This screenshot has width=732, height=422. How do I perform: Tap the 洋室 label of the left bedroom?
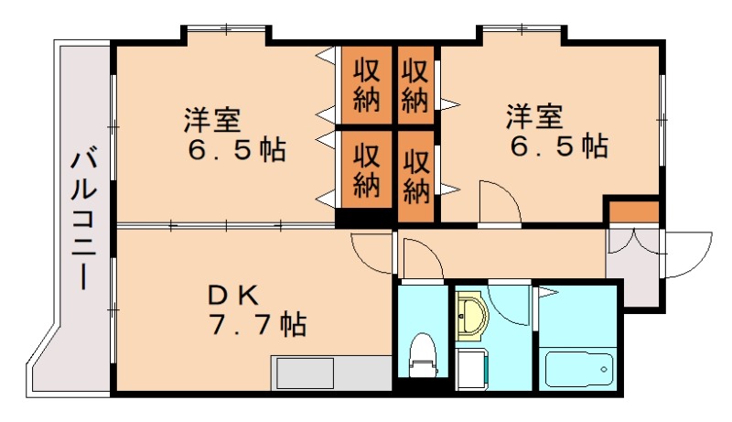tap(211, 120)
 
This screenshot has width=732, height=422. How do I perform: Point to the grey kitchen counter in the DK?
tap(330, 373)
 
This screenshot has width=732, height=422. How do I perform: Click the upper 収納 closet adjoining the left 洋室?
tap(366, 84)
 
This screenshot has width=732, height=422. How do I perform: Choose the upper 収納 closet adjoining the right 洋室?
tap(415, 84)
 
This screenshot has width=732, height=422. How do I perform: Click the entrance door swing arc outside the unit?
tap(688, 256)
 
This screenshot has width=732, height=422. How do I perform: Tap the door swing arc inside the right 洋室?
tap(499, 201)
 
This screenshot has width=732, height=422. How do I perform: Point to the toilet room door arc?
tap(419, 257)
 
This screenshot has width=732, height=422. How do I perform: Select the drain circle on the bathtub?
tap(604, 370)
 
